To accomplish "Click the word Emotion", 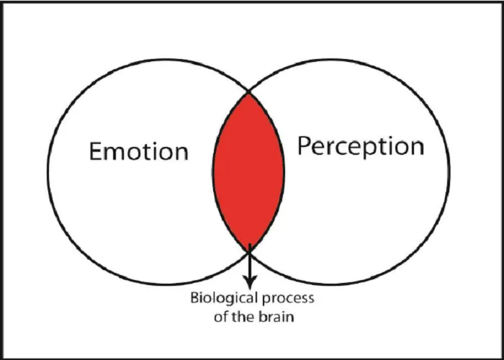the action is point(138,151).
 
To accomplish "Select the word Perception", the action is point(361,147).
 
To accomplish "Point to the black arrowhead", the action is point(250,282).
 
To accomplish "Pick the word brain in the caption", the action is point(276,317).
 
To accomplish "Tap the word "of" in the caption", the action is point(220,317).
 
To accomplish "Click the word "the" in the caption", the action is point(242,317).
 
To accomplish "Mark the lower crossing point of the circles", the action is point(249,251).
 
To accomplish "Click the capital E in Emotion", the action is point(95,151).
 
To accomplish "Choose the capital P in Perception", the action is point(304,145).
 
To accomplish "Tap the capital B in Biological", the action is point(195,298).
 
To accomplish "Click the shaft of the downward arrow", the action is point(250,261).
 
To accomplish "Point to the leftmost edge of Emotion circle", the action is point(48,172).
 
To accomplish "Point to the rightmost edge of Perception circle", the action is point(449,172).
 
